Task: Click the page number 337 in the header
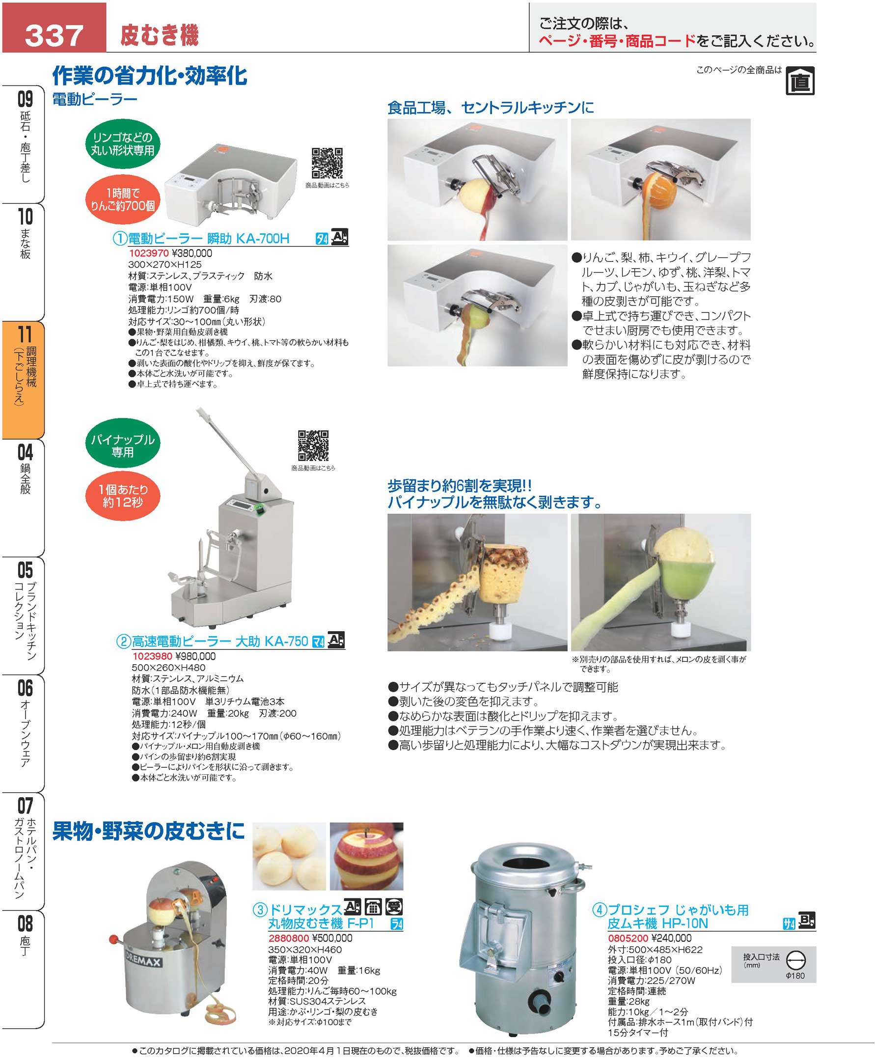(x=54, y=35)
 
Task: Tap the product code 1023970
(x=149, y=253)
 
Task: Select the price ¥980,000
(x=195, y=656)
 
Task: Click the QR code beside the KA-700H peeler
(x=327, y=163)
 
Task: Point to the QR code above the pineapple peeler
(x=313, y=445)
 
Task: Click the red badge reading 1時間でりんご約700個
(x=122, y=199)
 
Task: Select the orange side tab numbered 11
(x=23, y=380)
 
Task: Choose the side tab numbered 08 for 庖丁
(x=23, y=968)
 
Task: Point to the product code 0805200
(x=628, y=938)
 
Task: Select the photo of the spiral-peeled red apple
(x=366, y=856)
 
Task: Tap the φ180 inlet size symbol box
(x=773, y=964)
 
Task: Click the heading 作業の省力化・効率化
(x=150, y=76)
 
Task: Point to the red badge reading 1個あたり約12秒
(x=122, y=495)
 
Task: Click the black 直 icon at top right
(x=800, y=81)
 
